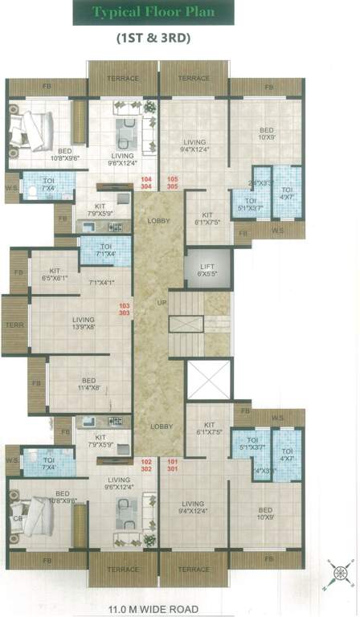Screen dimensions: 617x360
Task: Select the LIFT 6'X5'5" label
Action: click(206, 270)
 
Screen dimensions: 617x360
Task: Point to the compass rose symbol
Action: click(338, 575)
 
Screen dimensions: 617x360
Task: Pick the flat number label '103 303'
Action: click(124, 309)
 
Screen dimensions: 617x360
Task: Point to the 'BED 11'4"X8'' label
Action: click(88, 384)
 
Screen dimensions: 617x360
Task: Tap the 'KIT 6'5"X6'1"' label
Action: click(54, 275)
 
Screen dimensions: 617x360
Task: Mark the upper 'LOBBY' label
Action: click(157, 220)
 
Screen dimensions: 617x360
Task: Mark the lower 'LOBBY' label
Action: click(157, 427)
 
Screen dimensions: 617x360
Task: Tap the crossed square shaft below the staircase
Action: click(207, 379)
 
